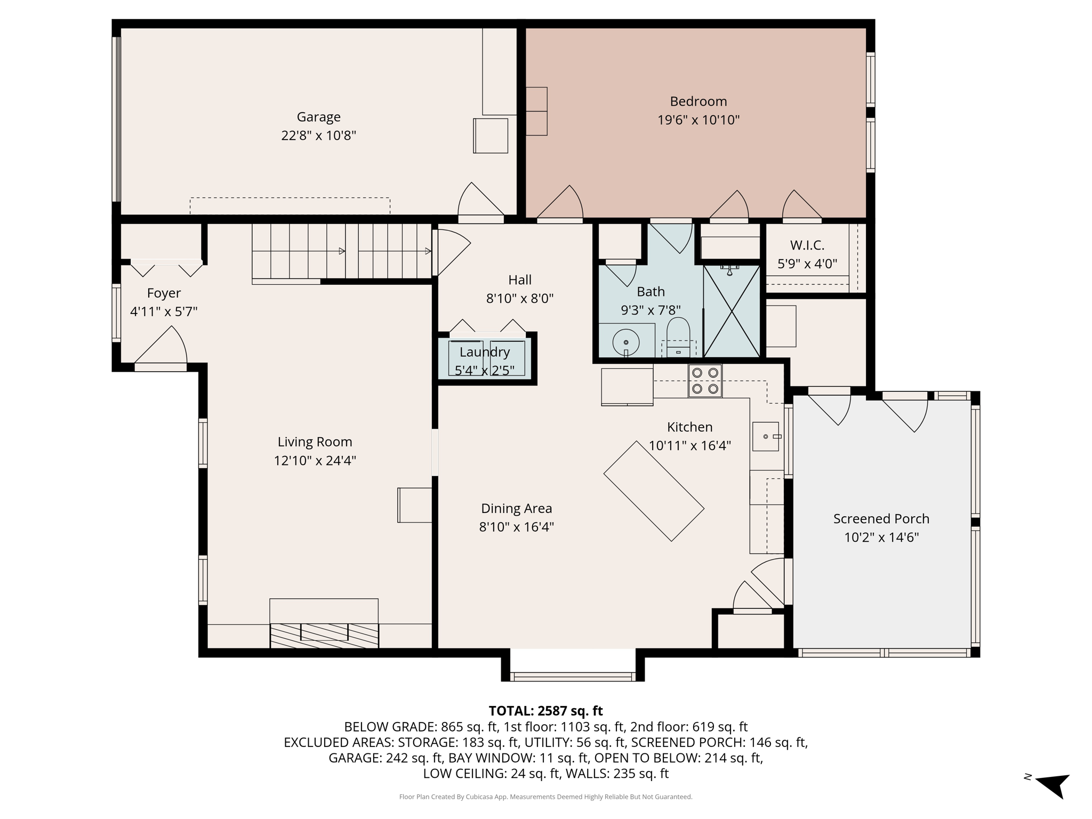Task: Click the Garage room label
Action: pyautogui.click(x=318, y=117)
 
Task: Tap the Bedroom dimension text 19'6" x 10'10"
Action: pyautogui.click(x=698, y=120)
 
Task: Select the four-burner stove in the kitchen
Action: pyautogui.click(x=704, y=381)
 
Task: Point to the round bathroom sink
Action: pyautogui.click(x=626, y=342)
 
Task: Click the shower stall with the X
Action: pyautogui.click(x=732, y=311)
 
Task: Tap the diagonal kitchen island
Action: pyautogui.click(x=654, y=491)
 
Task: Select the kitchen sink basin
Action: pyautogui.click(x=766, y=436)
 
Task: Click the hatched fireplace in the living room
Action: pyautogui.click(x=324, y=635)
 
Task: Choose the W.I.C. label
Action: pyautogui.click(x=807, y=245)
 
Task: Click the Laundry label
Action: pyautogui.click(x=485, y=352)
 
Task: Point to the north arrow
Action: pyautogui.click(x=1053, y=784)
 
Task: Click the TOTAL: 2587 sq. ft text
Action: pyautogui.click(x=545, y=711)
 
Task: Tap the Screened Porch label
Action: pyautogui.click(x=881, y=519)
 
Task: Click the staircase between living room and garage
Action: pyautogui.click(x=341, y=251)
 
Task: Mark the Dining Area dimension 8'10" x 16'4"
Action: pyautogui.click(x=516, y=527)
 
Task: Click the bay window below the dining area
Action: pyautogui.click(x=573, y=677)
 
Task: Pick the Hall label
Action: pyautogui.click(x=519, y=280)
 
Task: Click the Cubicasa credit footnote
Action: pyautogui.click(x=545, y=797)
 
